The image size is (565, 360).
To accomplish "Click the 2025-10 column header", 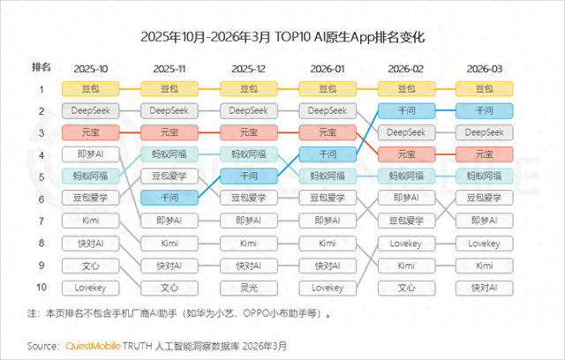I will point(90,67).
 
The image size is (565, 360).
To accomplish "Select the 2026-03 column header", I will point(483,67).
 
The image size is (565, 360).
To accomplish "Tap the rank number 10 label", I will point(41,287).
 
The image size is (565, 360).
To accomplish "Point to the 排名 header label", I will point(41,67).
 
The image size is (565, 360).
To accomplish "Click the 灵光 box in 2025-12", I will point(247,287).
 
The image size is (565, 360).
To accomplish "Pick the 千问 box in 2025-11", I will point(169,199).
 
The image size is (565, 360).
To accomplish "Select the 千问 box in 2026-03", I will point(483,110).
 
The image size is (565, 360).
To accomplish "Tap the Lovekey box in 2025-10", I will point(90,287).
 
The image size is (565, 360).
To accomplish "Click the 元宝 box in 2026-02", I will point(405,154).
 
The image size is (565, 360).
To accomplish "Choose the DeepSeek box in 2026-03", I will point(483,132).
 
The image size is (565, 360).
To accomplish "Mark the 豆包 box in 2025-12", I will point(247,88).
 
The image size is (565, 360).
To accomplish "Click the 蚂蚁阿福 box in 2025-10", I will point(90,176).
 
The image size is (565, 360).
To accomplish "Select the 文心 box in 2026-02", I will point(405,287).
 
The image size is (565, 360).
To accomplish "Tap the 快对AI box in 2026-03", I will point(483,287).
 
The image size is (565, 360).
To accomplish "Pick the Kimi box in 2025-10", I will point(90,221).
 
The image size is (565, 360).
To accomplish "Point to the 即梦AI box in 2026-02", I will point(405,199).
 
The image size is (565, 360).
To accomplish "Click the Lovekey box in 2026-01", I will point(327,287).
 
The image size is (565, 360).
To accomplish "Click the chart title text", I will point(282,38).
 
